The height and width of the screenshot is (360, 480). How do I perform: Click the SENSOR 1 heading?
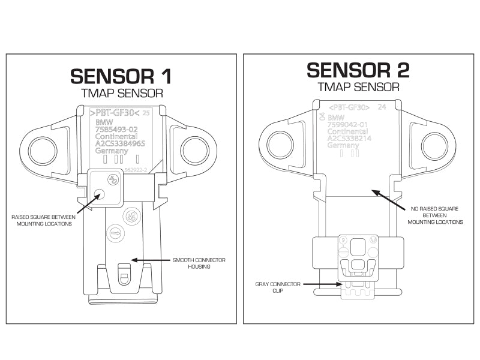point(121,76)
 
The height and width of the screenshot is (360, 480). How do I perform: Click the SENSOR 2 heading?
point(358,70)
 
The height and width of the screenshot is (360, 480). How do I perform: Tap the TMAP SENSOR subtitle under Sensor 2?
point(358,87)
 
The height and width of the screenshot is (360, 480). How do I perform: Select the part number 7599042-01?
point(348,124)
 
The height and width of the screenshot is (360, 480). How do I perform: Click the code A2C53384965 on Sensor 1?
point(120,144)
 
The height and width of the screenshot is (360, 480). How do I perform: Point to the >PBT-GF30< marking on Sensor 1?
point(114,113)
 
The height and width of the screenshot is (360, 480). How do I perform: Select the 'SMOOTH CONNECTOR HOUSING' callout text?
point(199,263)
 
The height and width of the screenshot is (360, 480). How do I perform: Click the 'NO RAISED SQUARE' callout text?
point(435,215)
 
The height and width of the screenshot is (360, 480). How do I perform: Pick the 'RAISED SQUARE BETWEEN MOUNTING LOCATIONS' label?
point(42,220)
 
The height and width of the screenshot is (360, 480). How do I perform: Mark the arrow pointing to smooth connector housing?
point(150,260)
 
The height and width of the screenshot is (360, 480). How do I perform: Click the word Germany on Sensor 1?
point(112,151)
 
